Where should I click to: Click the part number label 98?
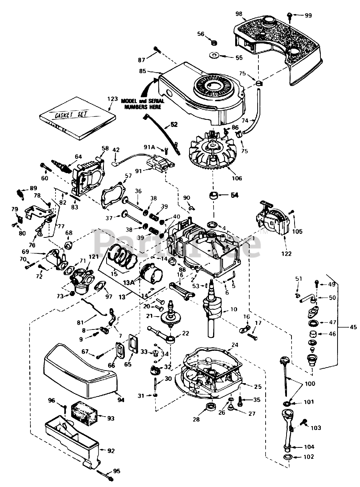click(239, 14)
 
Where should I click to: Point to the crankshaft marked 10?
click(210, 312)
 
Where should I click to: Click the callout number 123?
click(113, 99)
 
